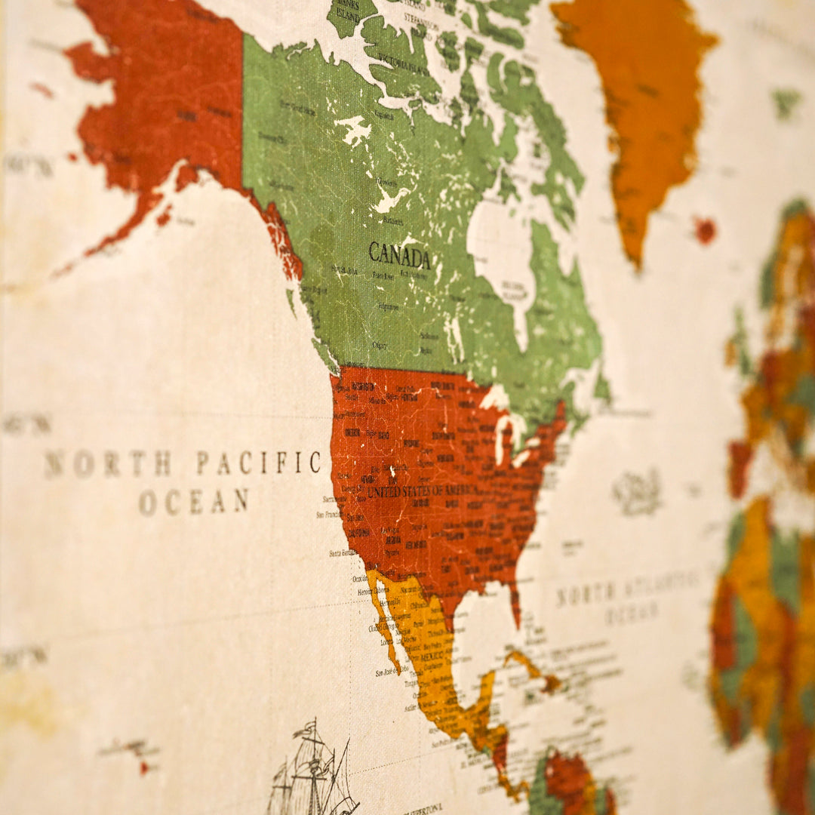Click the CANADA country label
(399, 257)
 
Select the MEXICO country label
(431, 657)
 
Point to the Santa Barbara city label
(343, 553)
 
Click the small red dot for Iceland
(705, 229)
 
